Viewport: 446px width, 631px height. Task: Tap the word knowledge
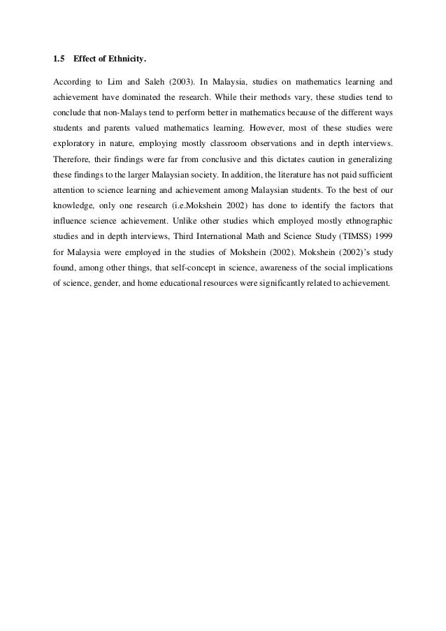pyautogui.click(x=77, y=221)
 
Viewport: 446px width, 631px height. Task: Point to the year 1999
pyautogui.click(x=382, y=257)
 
